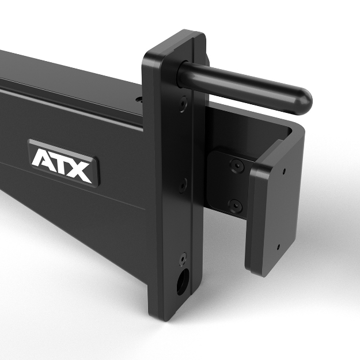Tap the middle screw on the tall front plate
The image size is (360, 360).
coord(183,185)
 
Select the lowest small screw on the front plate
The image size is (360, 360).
coord(183,258)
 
